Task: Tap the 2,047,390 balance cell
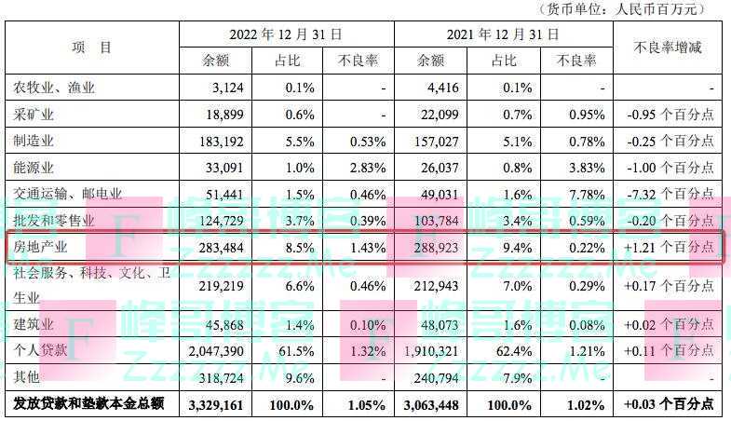222,351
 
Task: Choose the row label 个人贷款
41,351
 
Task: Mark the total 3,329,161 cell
221,404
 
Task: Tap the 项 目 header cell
91,47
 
